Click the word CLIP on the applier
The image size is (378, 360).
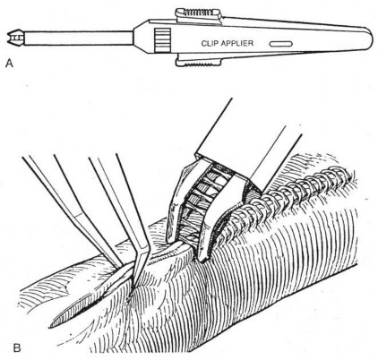[210, 43]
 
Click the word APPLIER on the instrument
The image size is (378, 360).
[237, 43]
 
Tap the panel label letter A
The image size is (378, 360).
[10, 64]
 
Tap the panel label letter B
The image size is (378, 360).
[17, 347]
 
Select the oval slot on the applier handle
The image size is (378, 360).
[280, 44]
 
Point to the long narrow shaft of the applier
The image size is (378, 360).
[78, 38]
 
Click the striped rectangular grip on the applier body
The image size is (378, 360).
[163, 40]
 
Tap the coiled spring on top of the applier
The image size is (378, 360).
[198, 13]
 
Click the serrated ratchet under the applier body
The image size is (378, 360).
[198, 62]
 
